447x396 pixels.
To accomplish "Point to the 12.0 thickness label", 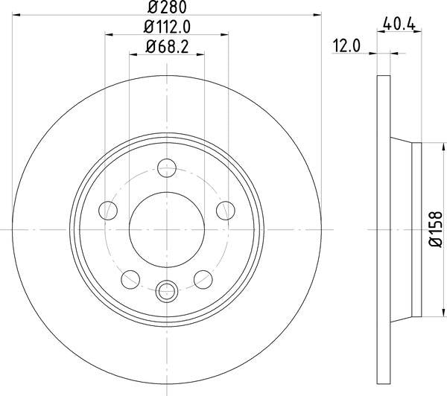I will [x=346, y=46].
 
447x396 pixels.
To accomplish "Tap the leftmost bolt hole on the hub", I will [x=109, y=211].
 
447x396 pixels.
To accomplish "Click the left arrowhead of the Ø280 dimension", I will [x=17, y=13].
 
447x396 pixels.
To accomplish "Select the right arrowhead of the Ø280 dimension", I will [x=317, y=13].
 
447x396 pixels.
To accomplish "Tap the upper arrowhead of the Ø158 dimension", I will [x=426, y=146].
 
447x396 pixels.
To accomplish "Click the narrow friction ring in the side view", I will [x=384, y=229].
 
